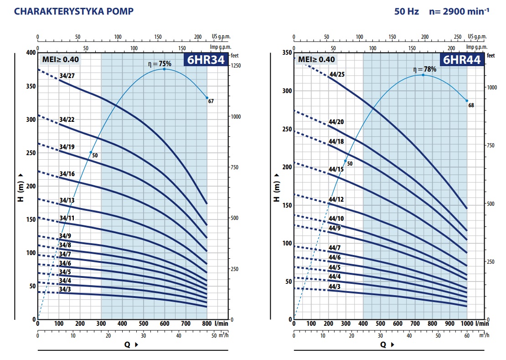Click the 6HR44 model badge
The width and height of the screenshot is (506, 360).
461,60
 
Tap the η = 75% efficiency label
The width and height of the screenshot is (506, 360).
160,63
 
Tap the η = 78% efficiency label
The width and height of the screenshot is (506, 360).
424,69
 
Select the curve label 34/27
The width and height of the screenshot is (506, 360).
67,75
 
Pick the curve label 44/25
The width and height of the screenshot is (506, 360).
336,73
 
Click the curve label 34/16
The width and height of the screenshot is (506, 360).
67,174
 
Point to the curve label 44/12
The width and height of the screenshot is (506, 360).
336,199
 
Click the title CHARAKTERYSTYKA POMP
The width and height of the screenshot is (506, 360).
74,11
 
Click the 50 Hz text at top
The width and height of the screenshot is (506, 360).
407,11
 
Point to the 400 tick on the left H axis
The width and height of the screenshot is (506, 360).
30,53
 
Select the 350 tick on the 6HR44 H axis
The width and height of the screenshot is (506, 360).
287,53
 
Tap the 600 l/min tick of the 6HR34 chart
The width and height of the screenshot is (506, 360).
165,323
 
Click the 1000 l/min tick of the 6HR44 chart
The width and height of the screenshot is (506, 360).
466,323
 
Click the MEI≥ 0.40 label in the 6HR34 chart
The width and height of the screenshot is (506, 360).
61,59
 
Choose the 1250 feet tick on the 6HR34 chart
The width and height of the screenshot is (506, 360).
236,66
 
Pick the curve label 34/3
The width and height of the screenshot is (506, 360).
65,289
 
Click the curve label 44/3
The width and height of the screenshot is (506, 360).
334,286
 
